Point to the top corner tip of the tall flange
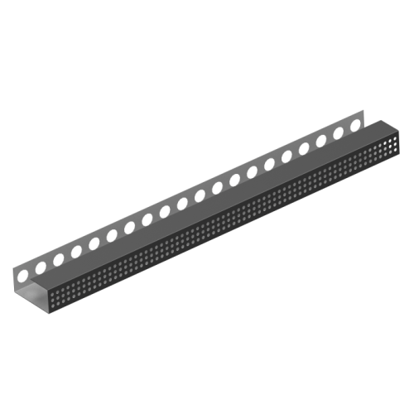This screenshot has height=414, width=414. [363, 111]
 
